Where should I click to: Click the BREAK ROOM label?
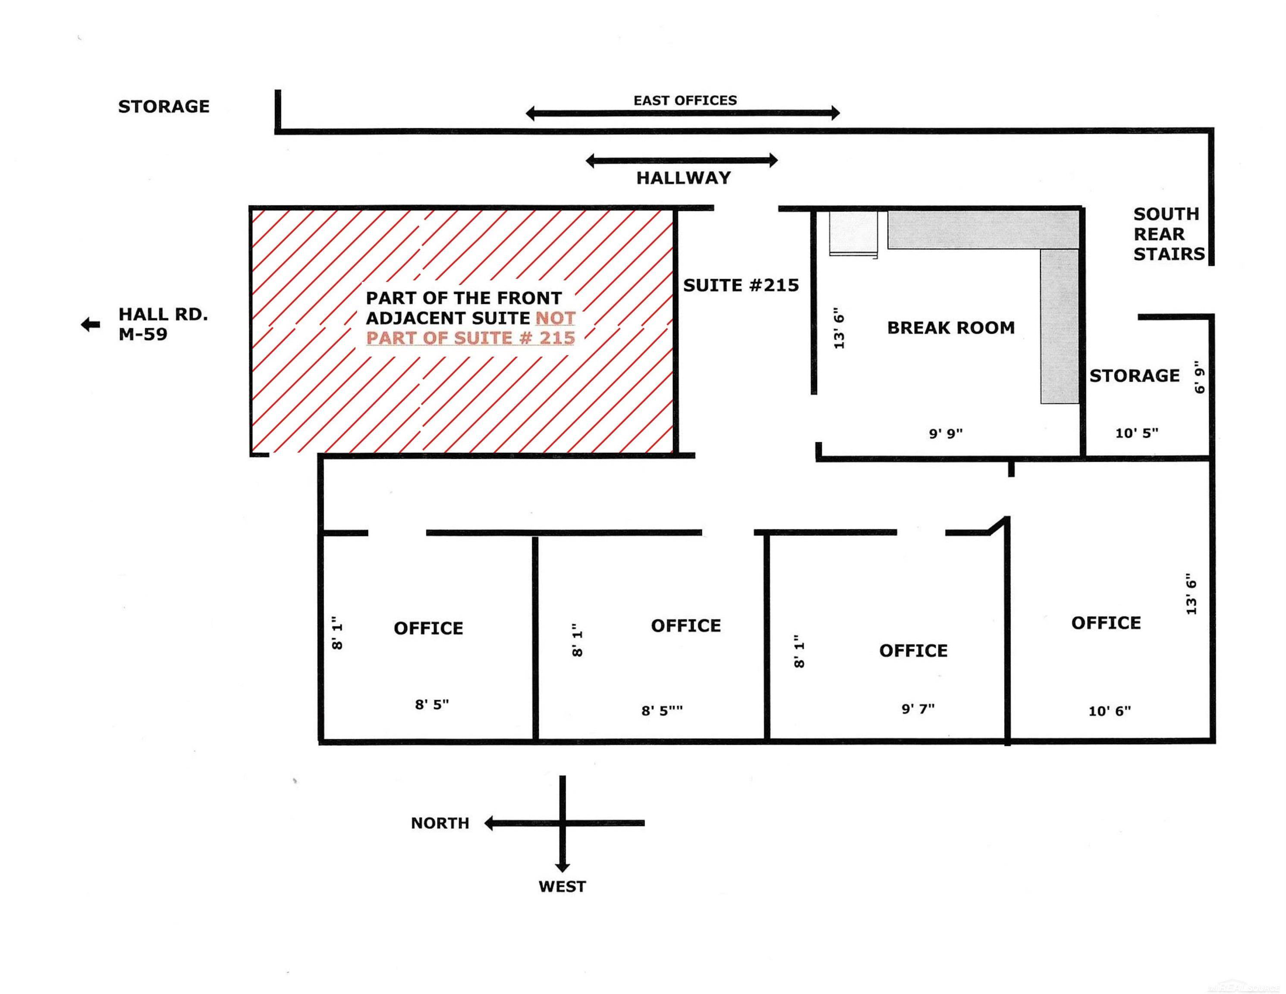point(950,327)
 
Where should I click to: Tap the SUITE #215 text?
point(741,286)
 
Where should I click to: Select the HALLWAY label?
point(683,178)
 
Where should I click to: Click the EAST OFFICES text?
point(685,101)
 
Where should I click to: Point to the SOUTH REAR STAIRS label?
point(1168,234)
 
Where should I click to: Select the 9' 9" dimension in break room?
point(946,434)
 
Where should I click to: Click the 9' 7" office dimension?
point(918,708)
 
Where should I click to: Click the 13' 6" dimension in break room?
point(840,330)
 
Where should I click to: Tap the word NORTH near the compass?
point(440,823)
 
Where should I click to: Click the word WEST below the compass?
point(562,887)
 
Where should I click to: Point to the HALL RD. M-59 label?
point(163,324)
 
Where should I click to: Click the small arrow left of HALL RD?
point(90,324)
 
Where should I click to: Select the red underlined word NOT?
point(555,318)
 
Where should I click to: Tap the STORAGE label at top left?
point(164,107)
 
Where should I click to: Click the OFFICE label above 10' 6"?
point(1105,623)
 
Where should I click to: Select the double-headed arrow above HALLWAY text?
point(681,160)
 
